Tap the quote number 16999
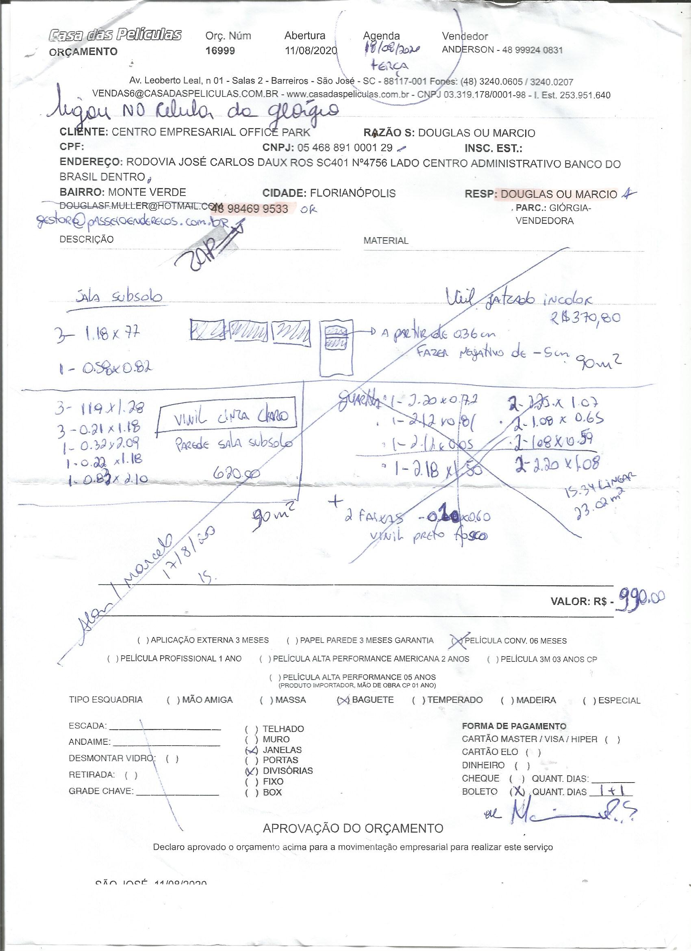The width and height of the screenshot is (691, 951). [220, 51]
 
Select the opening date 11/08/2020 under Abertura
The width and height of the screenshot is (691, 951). [311, 51]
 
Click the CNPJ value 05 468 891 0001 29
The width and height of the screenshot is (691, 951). [344, 148]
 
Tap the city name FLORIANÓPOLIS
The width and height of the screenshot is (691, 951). [352, 193]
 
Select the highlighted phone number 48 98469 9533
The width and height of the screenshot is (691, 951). [250, 209]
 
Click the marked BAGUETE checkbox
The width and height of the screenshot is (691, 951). [343, 700]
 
